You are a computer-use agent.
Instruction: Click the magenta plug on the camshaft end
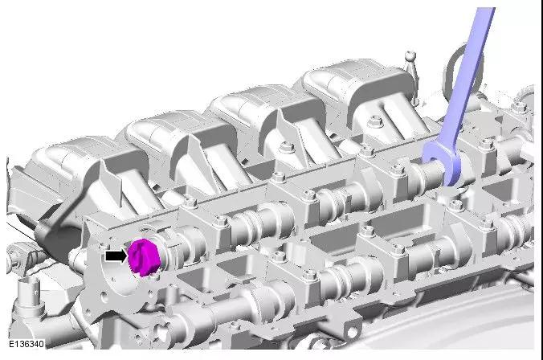pyautogui.click(x=144, y=257)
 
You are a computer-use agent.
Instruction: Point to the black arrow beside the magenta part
pyautogui.click(x=116, y=256)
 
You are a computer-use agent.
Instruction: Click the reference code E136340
pyautogui.click(x=27, y=344)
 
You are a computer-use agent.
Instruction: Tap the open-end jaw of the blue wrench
pyautogui.click(x=443, y=163)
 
